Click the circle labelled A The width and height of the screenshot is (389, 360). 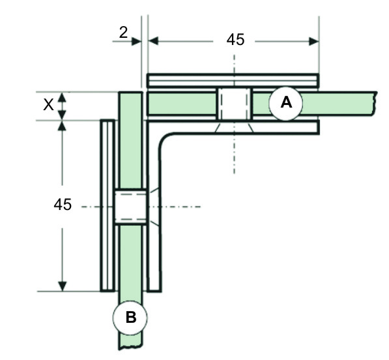[x=286, y=104]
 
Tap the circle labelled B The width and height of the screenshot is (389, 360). [x=130, y=318]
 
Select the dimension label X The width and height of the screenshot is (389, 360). [x=49, y=105]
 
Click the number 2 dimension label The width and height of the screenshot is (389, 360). [x=123, y=33]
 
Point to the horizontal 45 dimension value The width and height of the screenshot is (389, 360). [x=235, y=40]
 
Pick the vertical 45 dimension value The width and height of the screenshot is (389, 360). [x=63, y=205]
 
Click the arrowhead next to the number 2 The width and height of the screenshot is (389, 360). [x=136, y=42]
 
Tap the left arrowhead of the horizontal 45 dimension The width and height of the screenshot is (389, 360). [x=153, y=41]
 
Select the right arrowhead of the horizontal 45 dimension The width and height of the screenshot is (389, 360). [x=313, y=42]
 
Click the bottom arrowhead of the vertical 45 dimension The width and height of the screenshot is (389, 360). [x=63, y=286]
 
